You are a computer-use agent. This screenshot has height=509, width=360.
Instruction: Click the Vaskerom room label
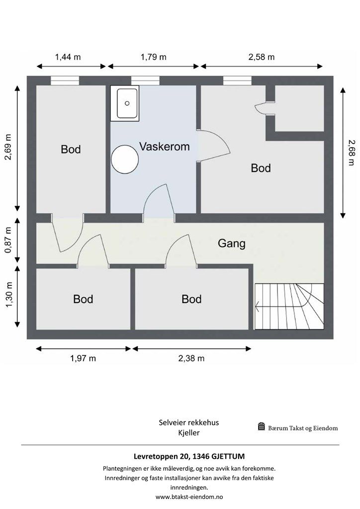pos(165,147)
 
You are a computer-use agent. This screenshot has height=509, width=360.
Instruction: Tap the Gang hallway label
pos(231,243)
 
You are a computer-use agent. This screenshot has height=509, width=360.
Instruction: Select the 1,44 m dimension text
pos(68,57)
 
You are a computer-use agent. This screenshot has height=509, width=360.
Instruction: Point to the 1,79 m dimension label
pos(154,57)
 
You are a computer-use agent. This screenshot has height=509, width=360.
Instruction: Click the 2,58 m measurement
pos(262,57)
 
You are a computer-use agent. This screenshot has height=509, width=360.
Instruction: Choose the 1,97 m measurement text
pos(83,358)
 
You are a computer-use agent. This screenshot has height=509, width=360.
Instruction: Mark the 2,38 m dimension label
pos(191,358)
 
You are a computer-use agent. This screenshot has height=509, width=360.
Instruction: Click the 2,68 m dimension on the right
pos(351,153)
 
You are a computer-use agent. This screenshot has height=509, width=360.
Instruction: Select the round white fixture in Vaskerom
pos(125,159)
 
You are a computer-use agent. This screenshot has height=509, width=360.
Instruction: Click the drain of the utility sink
pos(127,103)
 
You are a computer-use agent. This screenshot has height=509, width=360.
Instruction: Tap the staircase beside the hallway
pos(289,306)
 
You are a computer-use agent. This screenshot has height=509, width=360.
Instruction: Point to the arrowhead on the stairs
pos(257,306)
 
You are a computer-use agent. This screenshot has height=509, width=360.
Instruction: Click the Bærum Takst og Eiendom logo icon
pos(262,426)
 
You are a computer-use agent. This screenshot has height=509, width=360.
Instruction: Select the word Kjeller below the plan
pos(189,433)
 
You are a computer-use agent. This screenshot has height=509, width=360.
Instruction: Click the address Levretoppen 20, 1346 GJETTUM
pos(189,456)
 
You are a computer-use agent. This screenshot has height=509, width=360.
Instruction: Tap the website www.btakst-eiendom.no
pos(189,497)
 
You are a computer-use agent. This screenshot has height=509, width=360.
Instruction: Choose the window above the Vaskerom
pos(145,81)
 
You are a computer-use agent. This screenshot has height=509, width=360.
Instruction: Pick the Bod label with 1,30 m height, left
pos(83,299)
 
